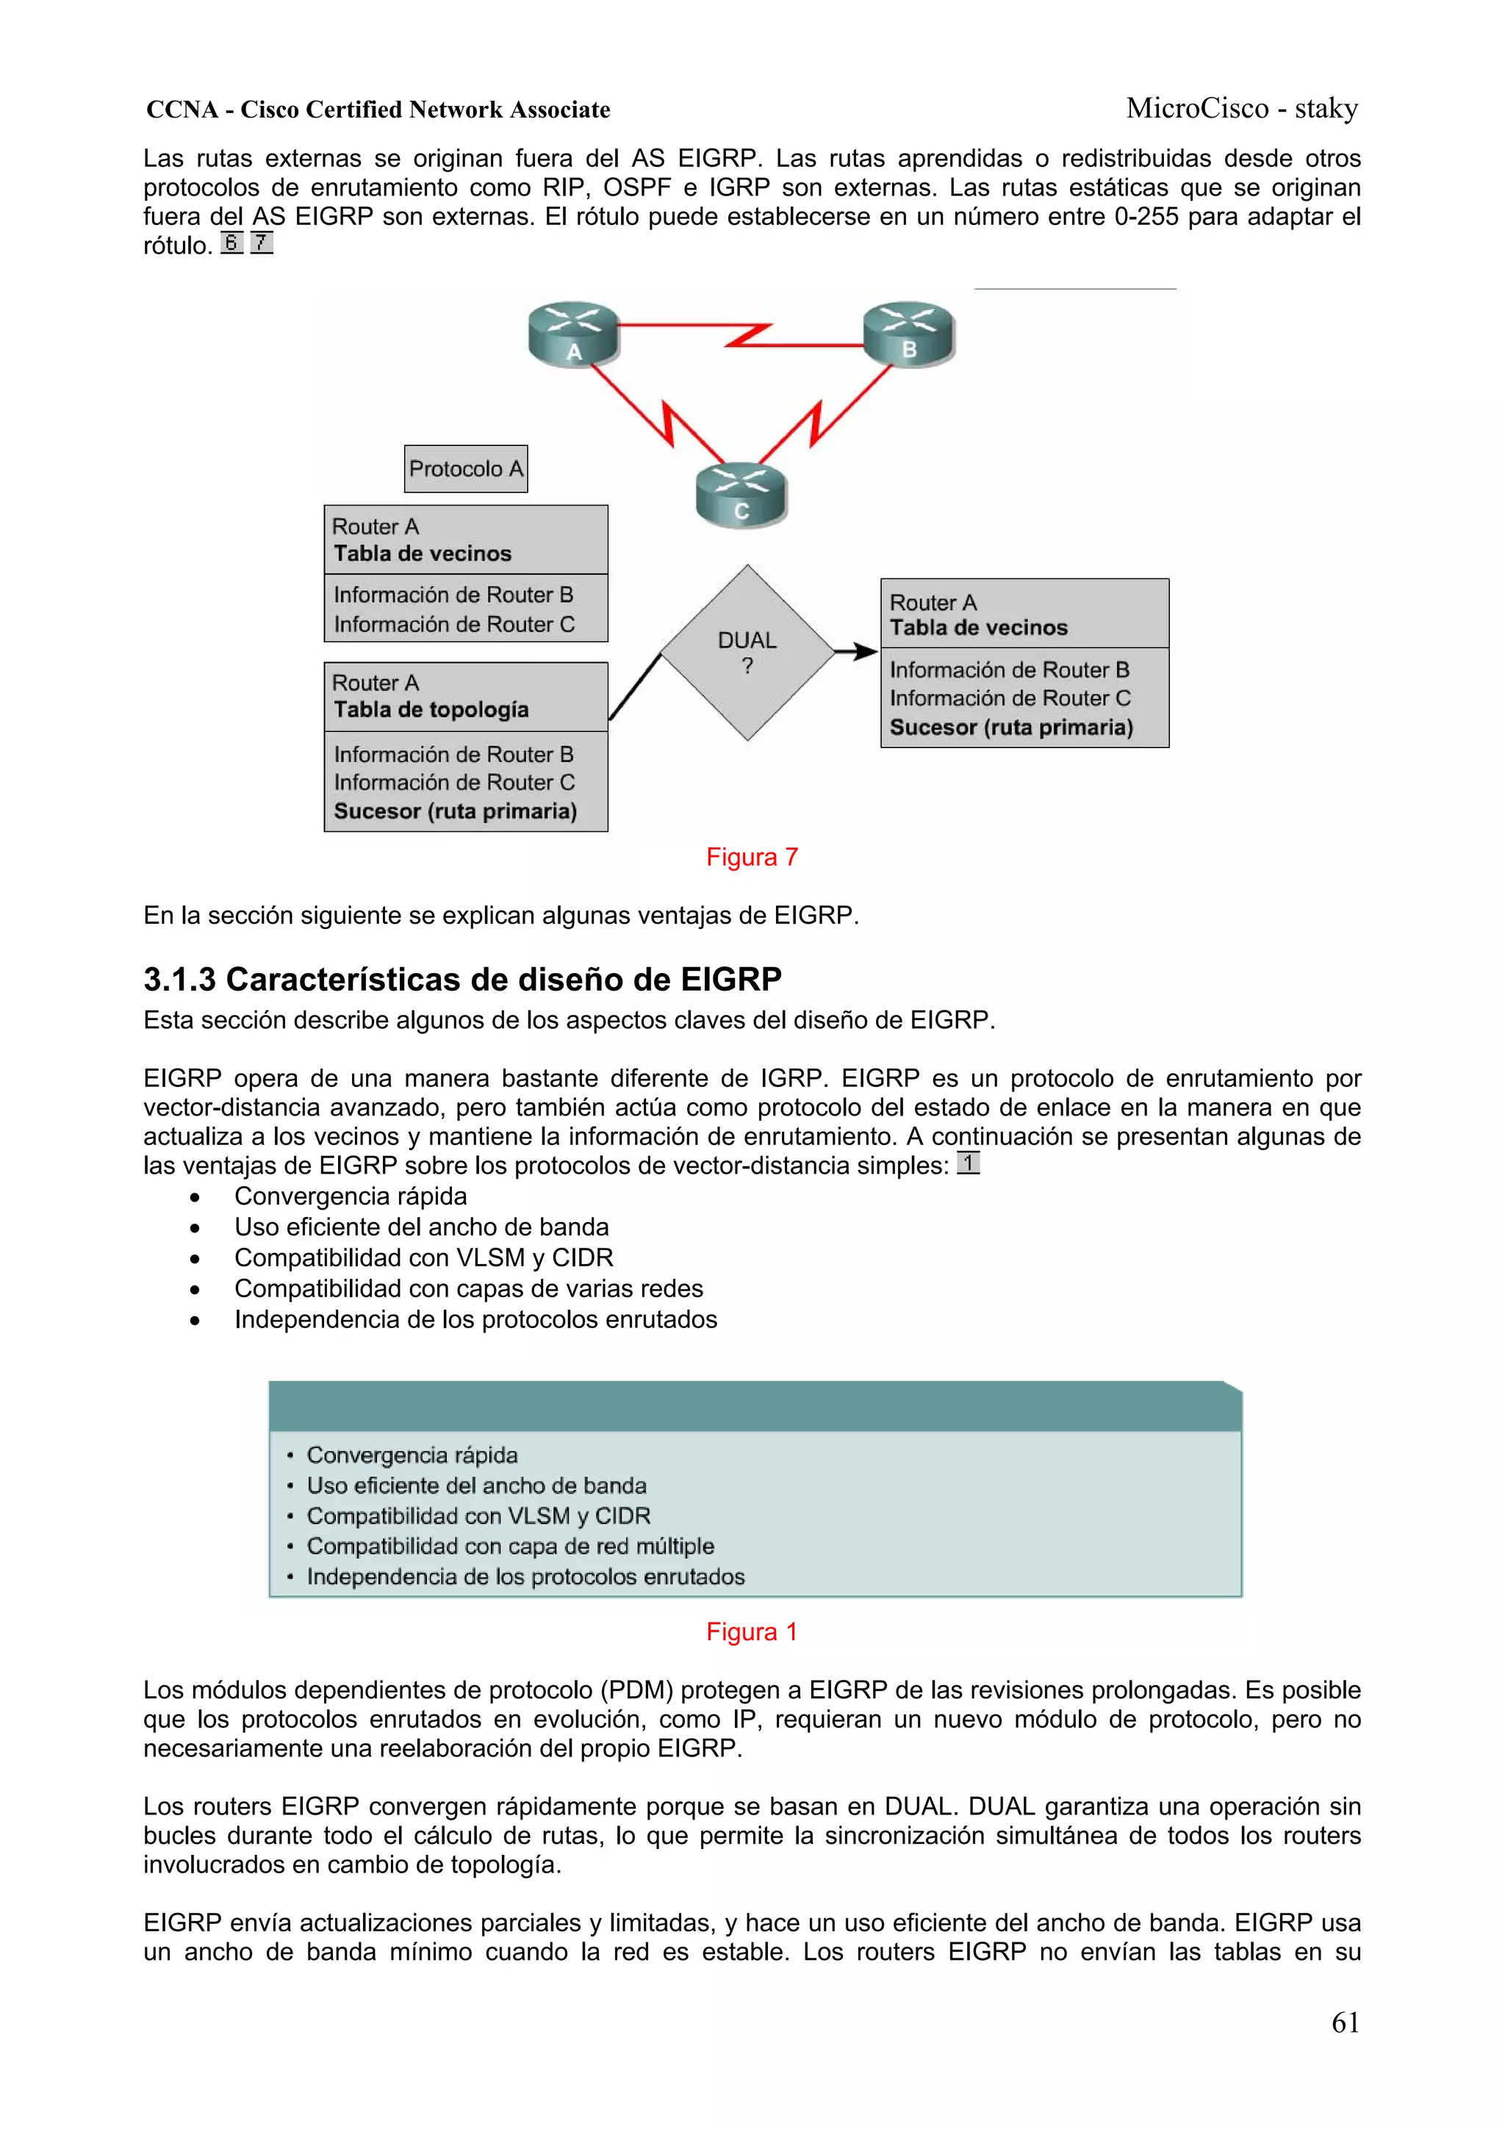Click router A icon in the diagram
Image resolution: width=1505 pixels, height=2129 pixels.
573,334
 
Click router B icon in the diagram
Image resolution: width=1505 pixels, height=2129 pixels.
909,333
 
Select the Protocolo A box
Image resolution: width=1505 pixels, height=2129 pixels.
465,469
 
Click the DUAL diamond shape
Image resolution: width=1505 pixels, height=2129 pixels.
747,653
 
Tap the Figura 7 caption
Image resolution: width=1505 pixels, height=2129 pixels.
751,857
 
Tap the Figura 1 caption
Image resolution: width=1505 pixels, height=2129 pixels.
751,1632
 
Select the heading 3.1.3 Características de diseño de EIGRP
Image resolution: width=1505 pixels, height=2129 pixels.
461,979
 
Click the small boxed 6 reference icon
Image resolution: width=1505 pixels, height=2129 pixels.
231,243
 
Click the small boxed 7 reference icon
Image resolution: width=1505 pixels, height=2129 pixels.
262,243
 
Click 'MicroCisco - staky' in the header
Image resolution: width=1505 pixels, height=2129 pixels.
1242,109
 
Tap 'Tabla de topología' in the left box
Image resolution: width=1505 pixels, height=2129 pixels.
431,709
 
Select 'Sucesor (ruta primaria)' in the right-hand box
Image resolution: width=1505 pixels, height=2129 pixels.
1010,727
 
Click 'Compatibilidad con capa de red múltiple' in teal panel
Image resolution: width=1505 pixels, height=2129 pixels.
510,1545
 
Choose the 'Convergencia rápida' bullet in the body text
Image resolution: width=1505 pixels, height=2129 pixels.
351,1196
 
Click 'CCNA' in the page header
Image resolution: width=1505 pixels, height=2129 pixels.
182,109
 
